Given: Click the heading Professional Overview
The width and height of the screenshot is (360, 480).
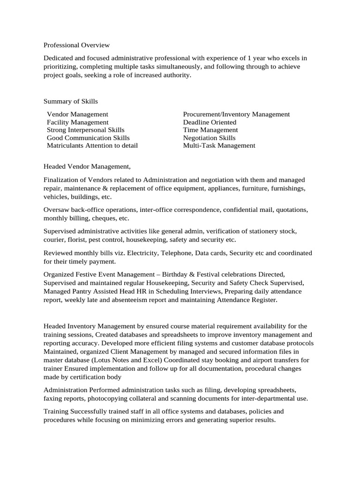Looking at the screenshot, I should [x=76, y=45].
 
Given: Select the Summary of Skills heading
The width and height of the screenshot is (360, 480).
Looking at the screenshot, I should [x=71, y=101].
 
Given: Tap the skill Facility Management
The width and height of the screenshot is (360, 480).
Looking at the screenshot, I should [x=77, y=122].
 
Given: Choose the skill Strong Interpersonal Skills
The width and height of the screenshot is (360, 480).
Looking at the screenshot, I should [x=86, y=130].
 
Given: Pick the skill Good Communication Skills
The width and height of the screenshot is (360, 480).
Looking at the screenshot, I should [x=88, y=138].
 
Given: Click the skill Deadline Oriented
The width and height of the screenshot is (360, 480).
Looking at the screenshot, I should [x=210, y=122].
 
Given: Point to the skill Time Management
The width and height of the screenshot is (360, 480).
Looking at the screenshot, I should [x=210, y=130].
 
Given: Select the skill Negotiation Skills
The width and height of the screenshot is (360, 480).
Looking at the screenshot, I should [x=209, y=138].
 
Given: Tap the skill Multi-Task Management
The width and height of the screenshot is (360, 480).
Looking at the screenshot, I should [x=219, y=145].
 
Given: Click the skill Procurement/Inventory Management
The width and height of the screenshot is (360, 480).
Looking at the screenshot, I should [x=236, y=114].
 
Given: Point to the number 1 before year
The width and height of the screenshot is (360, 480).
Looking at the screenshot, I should [x=249, y=58].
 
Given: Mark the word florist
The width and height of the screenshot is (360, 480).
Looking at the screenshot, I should [x=77, y=240].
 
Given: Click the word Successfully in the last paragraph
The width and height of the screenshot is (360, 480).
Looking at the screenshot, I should [x=88, y=412].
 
